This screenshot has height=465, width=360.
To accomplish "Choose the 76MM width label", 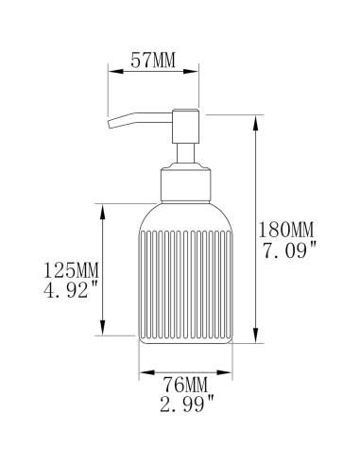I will point(182,384).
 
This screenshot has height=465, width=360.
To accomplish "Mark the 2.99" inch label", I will point(182,404).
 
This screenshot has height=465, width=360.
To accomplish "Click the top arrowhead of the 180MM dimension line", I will point(255,118).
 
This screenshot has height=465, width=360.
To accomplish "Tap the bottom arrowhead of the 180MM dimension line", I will point(255,339).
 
